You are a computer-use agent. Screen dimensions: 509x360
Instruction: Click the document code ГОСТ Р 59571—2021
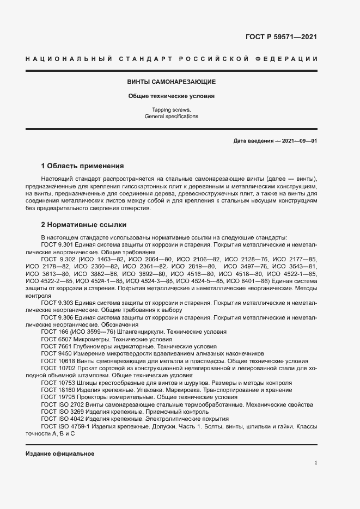point(282,37)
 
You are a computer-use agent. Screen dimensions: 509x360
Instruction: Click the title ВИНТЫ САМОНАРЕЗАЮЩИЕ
point(171,82)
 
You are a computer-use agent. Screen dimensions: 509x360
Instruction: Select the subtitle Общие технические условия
point(171,96)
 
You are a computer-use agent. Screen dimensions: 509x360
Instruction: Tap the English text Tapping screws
point(171,110)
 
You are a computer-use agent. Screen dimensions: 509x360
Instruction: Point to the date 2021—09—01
point(298,141)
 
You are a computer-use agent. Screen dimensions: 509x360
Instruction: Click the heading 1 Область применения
point(83,165)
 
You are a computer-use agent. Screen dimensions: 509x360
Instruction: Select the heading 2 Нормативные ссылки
point(84,224)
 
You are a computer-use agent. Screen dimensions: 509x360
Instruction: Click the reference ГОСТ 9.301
point(56,245)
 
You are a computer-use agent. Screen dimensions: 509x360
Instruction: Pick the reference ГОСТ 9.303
point(56,302)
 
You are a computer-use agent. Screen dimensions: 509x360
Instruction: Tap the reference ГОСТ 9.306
point(56,316)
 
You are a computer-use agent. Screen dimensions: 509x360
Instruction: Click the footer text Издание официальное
point(60,453)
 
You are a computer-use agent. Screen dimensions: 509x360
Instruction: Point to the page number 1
point(315,463)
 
